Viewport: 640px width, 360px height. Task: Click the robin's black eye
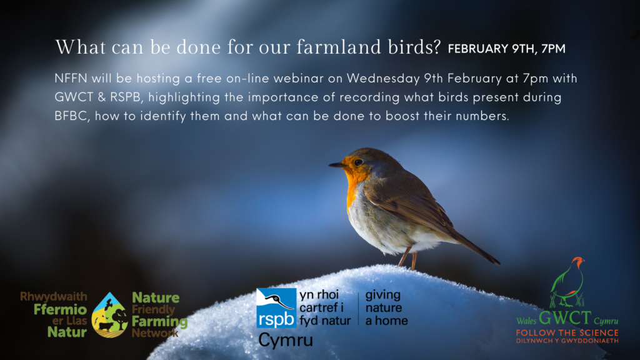(x=358, y=162)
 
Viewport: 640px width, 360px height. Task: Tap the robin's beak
(x=337, y=165)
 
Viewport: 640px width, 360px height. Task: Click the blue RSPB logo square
(x=276, y=308)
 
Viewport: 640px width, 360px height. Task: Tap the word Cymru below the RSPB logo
(x=286, y=340)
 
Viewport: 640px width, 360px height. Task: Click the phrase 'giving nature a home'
(x=386, y=307)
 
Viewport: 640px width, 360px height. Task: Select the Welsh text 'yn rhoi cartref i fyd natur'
(x=325, y=307)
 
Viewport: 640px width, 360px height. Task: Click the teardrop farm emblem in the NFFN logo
(x=109, y=315)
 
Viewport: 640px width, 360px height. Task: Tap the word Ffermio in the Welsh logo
(x=61, y=309)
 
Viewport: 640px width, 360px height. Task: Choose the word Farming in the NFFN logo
(x=159, y=322)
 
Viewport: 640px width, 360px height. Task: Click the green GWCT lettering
(x=565, y=318)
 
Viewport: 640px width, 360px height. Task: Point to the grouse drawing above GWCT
(x=567, y=282)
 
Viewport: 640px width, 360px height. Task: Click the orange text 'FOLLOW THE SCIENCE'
(x=567, y=333)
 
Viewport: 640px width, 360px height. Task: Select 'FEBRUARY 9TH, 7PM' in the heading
(x=506, y=49)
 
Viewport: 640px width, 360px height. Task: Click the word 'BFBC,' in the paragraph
(x=72, y=116)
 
